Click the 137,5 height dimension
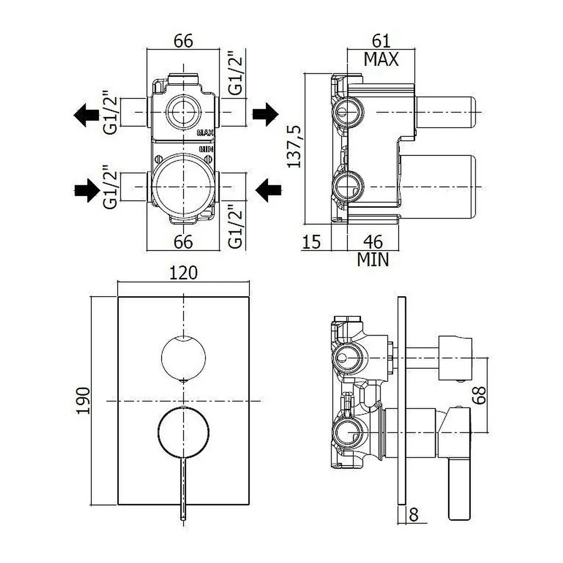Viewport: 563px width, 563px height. (x=294, y=146)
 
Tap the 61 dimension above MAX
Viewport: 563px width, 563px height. (x=381, y=41)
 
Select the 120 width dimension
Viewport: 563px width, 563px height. (x=183, y=273)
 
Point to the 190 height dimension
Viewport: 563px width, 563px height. (x=83, y=400)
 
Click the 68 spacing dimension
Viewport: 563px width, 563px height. (x=479, y=395)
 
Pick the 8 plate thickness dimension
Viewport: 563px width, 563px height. (x=414, y=515)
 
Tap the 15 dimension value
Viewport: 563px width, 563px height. (x=311, y=242)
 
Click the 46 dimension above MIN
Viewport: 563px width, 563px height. (x=373, y=242)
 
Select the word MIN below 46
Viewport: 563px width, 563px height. (x=373, y=259)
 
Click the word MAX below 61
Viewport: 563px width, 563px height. (x=381, y=59)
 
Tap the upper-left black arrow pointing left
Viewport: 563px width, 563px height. (x=86, y=115)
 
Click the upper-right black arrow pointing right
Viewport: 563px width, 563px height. (x=265, y=114)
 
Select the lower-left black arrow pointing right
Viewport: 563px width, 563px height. (x=87, y=190)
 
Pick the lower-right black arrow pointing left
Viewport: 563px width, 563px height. (x=268, y=190)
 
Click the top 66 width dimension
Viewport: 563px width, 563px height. (x=183, y=41)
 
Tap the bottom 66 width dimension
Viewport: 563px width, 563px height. (x=183, y=242)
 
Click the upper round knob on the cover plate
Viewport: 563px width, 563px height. (x=184, y=358)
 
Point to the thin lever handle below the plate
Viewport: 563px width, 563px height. (x=184, y=488)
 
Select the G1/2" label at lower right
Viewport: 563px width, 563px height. (x=236, y=227)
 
